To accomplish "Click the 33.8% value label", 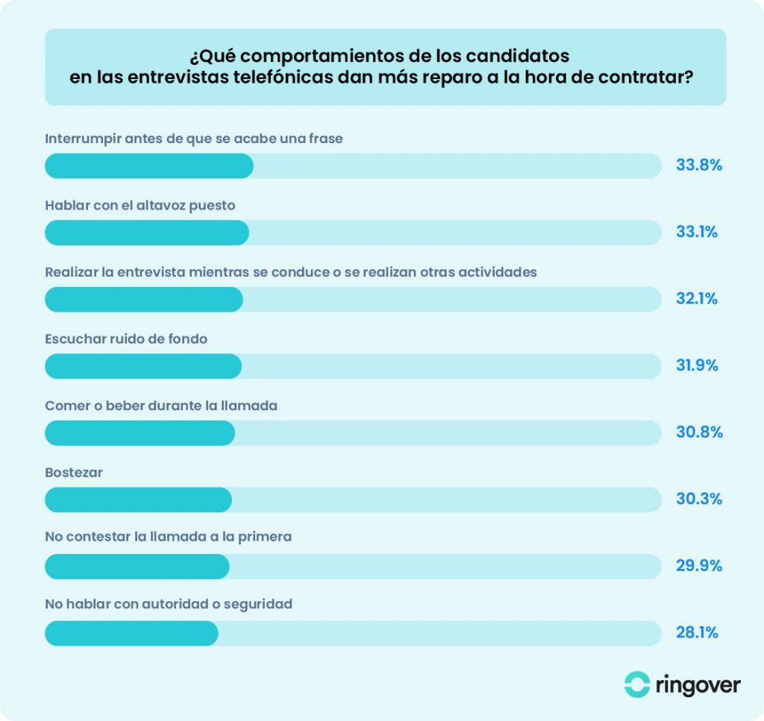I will (x=698, y=166).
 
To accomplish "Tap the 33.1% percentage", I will (x=697, y=232).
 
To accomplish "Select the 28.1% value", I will (x=697, y=633).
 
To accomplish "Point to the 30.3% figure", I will (x=698, y=499).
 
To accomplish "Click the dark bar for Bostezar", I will (x=139, y=500).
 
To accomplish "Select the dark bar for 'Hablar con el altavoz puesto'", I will (x=147, y=233).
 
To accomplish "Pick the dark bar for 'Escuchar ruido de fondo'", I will (x=143, y=366).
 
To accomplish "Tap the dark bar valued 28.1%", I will (x=131, y=633).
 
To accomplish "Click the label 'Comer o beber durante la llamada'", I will (x=161, y=406).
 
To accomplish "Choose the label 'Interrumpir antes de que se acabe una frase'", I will (x=194, y=139).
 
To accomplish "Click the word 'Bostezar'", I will (x=74, y=473).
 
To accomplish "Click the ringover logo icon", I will (x=637, y=684).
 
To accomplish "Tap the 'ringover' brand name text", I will (x=699, y=684).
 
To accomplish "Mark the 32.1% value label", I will (x=697, y=299).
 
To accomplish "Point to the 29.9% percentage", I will (x=698, y=566).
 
